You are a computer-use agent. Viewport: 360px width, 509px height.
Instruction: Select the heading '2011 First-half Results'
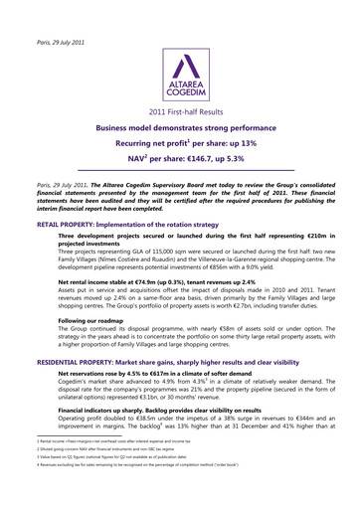click(179, 115)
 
